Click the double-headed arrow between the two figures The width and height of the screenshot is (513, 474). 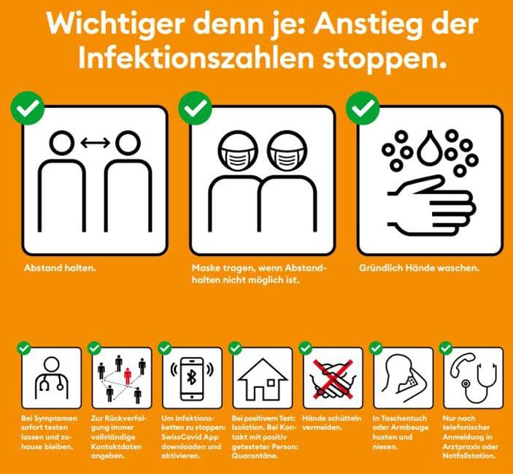pos(95,142)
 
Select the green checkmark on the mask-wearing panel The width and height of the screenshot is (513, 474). pos(195,108)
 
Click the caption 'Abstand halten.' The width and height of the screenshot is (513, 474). pos(60,268)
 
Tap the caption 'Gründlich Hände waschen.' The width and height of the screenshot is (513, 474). pos(419,268)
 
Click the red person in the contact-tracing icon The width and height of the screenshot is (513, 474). pos(128,376)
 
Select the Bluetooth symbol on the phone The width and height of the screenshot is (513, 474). pos(191,378)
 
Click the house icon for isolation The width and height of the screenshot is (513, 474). pos(263,379)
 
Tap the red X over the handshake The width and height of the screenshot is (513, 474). pos(333,379)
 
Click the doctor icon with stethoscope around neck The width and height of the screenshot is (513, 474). pos(51,378)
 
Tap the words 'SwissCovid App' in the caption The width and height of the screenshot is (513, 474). pos(190,437)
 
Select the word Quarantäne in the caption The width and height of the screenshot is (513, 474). pos(250,456)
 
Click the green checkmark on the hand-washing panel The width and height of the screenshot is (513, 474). pos(363,108)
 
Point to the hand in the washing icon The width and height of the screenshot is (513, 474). pos(432,206)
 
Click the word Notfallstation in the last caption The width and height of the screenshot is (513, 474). pos(468,456)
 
